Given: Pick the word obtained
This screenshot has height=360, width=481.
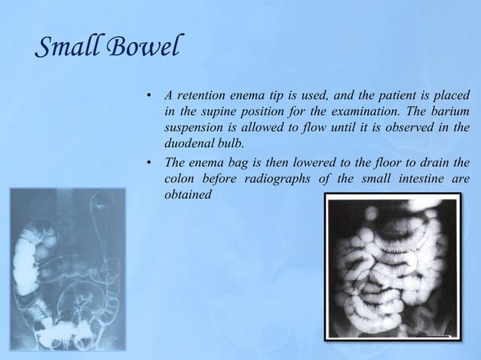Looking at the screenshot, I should click(188, 195).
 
